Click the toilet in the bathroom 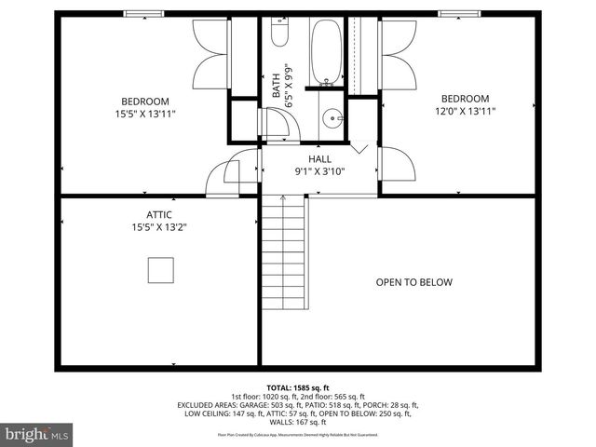coord(279,34)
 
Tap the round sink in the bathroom coord(332,118)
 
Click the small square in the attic coord(160,270)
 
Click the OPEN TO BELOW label coord(413,282)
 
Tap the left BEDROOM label coord(145,102)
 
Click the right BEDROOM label coord(465,99)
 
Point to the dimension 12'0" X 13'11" coord(465,111)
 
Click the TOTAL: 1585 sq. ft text coord(298,386)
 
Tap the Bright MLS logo coord(37,433)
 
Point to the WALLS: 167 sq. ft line coord(298,422)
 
